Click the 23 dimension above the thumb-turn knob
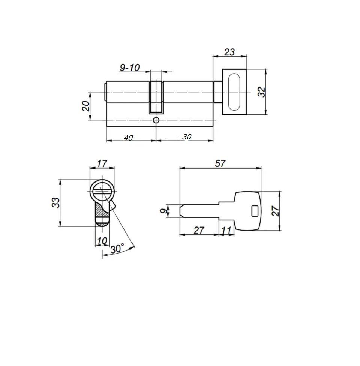229,52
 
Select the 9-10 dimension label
130,68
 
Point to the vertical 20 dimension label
86,106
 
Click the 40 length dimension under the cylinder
128,138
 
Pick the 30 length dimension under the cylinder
187,136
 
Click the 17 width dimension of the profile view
102,163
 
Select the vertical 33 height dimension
55,202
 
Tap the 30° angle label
117,249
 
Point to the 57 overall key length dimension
220,163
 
